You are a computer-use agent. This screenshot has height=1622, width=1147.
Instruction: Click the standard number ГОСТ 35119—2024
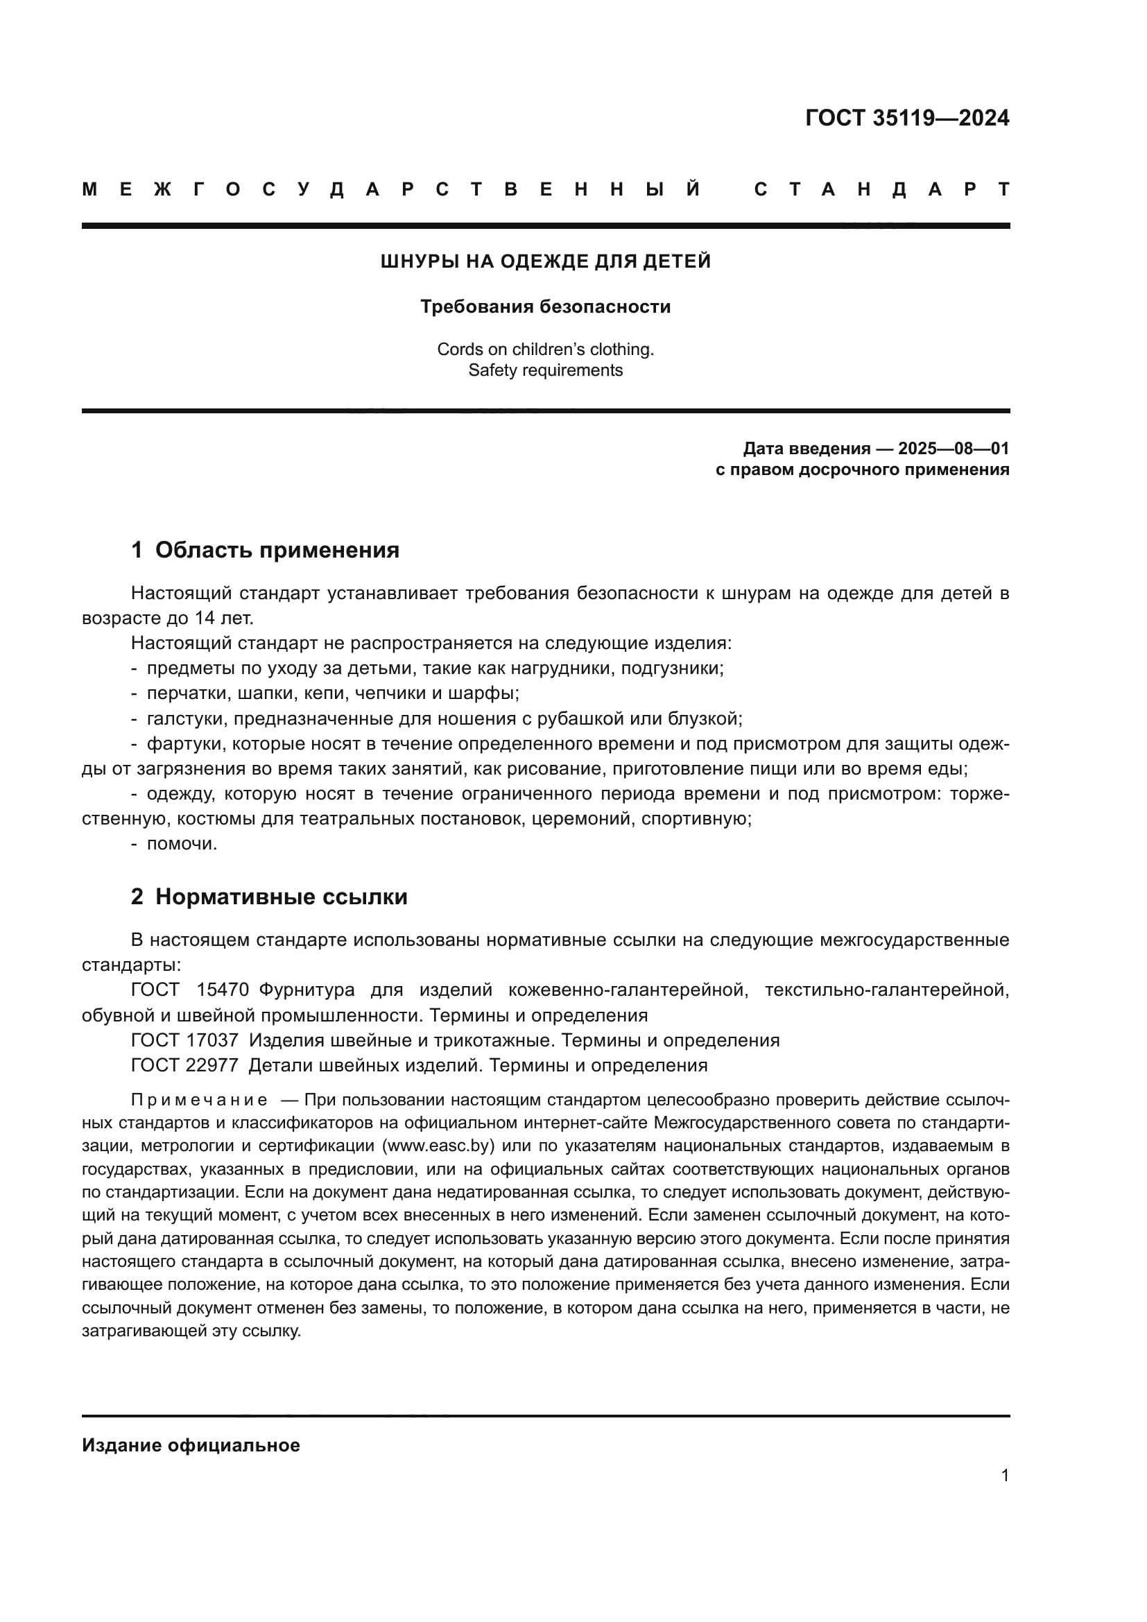[x=907, y=118]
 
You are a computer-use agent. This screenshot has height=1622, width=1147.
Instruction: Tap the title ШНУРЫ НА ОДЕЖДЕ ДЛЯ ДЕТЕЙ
[x=545, y=262]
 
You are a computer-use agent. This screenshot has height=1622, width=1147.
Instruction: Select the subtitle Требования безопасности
[x=545, y=307]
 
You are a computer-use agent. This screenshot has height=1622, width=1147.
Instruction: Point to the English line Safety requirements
[x=545, y=371]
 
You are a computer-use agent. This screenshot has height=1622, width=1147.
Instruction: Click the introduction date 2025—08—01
[x=954, y=449]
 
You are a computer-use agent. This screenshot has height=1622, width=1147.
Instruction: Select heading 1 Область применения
[x=265, y=551]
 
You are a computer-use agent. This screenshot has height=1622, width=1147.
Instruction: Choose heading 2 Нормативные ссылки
[x=269, y=897]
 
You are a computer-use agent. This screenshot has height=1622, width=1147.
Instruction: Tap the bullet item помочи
[x=182, y=844]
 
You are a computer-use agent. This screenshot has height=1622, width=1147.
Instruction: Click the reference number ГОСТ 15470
[x=190, y=990]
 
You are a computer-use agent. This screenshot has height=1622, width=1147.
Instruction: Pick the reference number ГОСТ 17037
[x=184, y=1041]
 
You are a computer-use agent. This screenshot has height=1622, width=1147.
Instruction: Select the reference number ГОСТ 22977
[x=184, y=1065]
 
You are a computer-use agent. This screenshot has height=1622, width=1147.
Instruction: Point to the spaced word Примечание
[x=199, y=1100]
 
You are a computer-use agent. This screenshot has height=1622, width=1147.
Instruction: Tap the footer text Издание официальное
[x=191, y=1446]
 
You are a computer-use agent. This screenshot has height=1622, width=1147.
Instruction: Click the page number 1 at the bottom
[x=1004, y=1476]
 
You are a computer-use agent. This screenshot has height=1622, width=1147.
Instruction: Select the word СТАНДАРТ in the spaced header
[x=882, y=190]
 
